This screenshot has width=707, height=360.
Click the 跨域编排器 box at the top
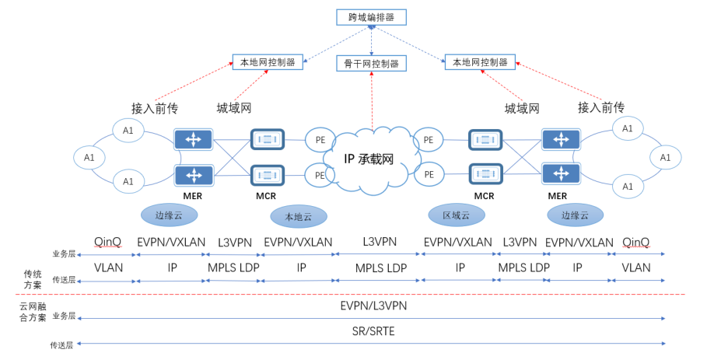(371, 17)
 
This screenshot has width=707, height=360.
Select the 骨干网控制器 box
(371, 63)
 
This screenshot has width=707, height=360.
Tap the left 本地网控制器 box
(268, 61)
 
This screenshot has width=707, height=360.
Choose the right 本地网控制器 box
(480, 61)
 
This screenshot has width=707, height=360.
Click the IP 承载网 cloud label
(369, 159)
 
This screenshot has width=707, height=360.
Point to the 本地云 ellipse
(299, 215)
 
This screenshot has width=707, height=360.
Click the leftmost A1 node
(89, 158)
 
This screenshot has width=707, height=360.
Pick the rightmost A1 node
(665, 157)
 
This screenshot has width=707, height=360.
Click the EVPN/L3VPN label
(373, 306)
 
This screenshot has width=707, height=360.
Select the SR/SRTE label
(373, 331)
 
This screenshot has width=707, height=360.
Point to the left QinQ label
(107, 242)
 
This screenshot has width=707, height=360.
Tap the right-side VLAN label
(636, 267)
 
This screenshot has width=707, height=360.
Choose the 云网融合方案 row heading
(32, 313)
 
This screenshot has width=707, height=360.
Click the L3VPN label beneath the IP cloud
(380, 242)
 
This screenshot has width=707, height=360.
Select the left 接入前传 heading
(155, 107)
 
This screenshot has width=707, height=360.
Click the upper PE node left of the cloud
(320, 140)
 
